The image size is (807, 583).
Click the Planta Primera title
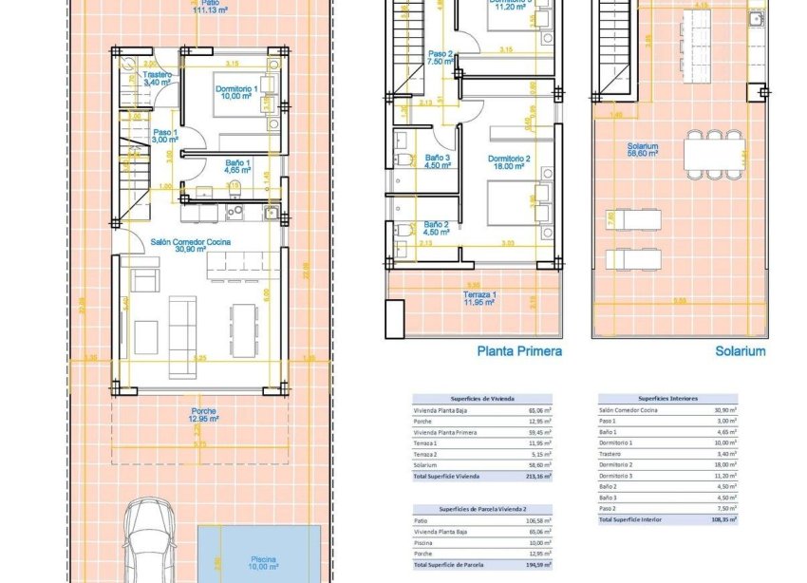coord(518,350)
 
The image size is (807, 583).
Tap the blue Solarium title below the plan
coord(740,350)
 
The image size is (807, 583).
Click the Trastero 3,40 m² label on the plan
coord(156,79)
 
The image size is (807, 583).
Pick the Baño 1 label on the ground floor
coord(238,167)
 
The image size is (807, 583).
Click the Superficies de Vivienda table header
coord(483,400)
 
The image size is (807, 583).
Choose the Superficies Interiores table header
coord(667,400)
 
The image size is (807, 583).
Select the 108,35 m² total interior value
coord(726,519)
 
